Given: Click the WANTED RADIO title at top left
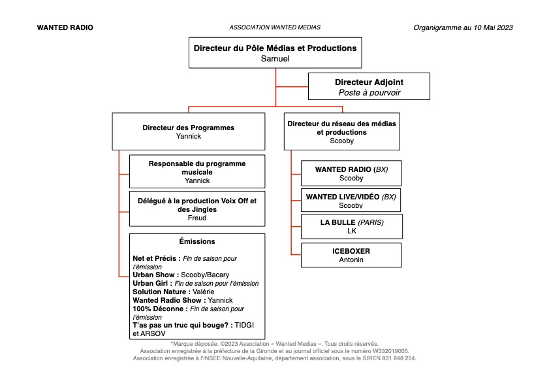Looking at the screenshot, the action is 65,27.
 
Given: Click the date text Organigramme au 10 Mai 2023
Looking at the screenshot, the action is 463,27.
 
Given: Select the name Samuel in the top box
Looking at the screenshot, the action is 275,59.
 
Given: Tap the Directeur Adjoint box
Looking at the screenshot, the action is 369,86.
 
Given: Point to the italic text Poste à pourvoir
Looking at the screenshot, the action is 369,93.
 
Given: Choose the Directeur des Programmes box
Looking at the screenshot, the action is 189,131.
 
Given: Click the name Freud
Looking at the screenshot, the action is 197,218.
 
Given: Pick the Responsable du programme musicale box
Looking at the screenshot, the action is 197,171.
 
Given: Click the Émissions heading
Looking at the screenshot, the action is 197,241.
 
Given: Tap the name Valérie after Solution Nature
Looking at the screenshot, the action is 204,292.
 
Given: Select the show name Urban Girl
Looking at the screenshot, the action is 150,284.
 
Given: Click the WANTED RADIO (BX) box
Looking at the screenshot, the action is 351,173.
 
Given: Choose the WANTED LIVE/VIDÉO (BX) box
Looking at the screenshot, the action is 351,200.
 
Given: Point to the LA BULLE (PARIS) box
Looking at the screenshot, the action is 352,227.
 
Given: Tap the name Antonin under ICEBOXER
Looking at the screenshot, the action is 351,260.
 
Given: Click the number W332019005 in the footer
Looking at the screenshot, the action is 390,351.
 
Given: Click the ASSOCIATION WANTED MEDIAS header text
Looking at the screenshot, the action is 275,27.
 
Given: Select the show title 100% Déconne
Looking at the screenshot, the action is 158,309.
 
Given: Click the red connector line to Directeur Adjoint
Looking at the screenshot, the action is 292,86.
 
